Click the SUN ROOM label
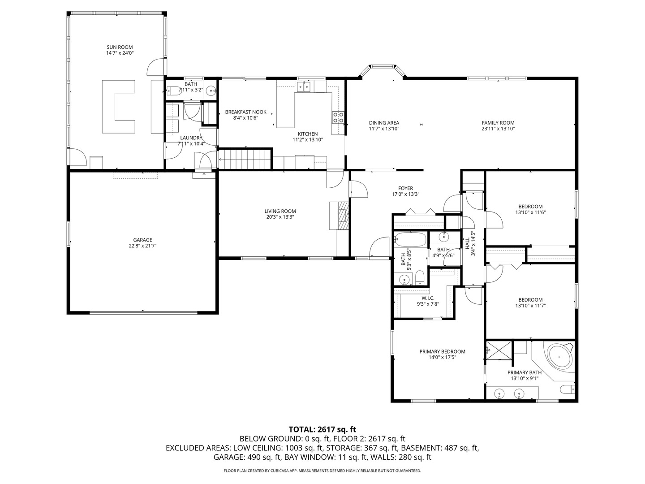[120, 47]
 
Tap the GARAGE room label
[142, 240]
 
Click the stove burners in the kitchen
[338, 117]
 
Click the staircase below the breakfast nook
[245, 159]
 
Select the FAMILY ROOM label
[498, 123]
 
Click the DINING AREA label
[384, 123]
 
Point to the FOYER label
[405, 188]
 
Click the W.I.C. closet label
[428, 298]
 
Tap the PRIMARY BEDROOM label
[442, 351]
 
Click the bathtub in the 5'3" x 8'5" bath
[410, 240]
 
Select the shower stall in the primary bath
[499, 350]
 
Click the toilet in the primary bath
[568, 390]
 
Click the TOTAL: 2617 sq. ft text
[322, 430]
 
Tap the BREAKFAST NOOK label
[245, 112]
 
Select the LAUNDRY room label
[191, 138]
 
